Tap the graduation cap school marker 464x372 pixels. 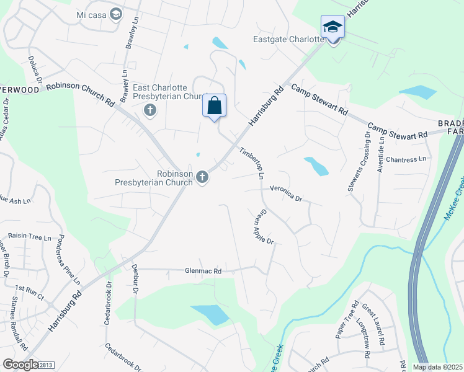[x=332, y=27]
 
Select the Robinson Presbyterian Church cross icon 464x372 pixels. [x=202, y=179]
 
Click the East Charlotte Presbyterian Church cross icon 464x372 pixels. [x=149, y=111]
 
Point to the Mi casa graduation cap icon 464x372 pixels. [x=116, y=14]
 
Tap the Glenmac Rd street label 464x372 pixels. [x=203, y=271]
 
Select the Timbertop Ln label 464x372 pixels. [x=252, y=163]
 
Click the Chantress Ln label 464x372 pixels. [x=406, y=159]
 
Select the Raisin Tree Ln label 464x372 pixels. [x=30, y=237]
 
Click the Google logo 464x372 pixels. [x=20, y=365]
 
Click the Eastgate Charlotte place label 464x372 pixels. [x=288, y=39]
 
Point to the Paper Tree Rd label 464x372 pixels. [x=348, y=319]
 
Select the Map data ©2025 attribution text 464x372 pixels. [x=437, y=367]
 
